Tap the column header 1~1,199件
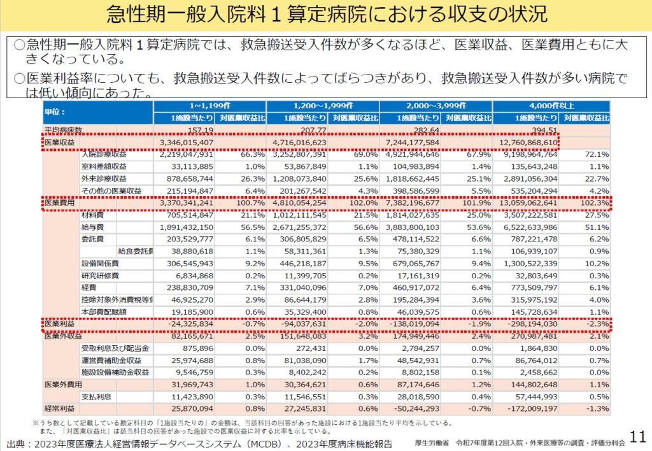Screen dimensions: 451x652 click(209, 106)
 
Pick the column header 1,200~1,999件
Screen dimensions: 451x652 click(323, 106)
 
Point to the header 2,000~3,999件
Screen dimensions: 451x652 click(436, 106)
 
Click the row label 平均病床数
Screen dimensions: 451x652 click(64, 131)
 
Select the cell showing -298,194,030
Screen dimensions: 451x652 click(526, 324)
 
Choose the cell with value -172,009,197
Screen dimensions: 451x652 click(526, 408)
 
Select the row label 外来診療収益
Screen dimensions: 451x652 click(104, 178)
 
